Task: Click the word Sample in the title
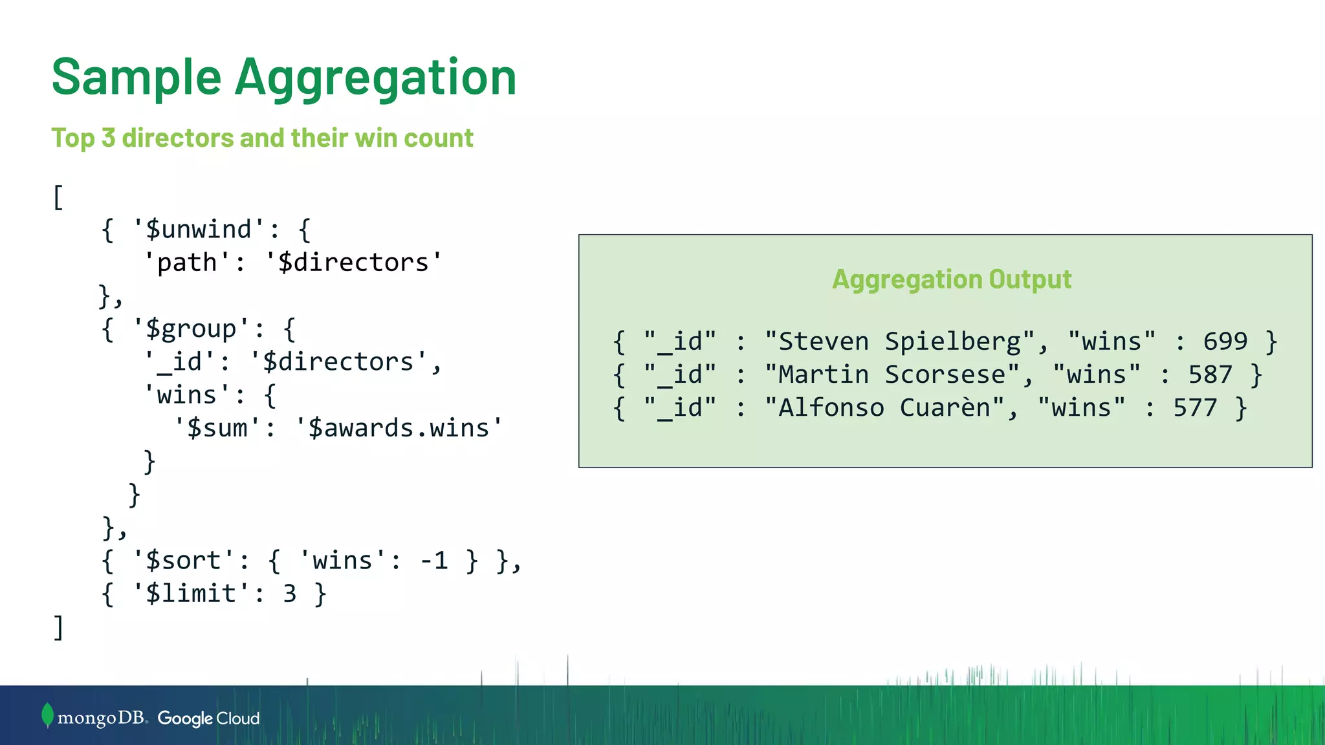136,78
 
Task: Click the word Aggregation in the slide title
375,78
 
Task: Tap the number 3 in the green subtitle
108,138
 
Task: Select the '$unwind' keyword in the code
198,230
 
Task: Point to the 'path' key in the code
187,263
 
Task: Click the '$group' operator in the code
191,329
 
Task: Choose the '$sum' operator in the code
217,428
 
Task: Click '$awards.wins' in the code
399,428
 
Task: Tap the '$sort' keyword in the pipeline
183,560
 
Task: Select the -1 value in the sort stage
434,560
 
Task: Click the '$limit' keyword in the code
191,593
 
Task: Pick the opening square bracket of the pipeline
58,197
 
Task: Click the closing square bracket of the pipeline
58,627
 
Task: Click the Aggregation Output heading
951,279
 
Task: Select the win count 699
1225,341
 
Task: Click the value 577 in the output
1195,408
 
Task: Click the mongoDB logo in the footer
94,717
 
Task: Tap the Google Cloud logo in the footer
208,718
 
